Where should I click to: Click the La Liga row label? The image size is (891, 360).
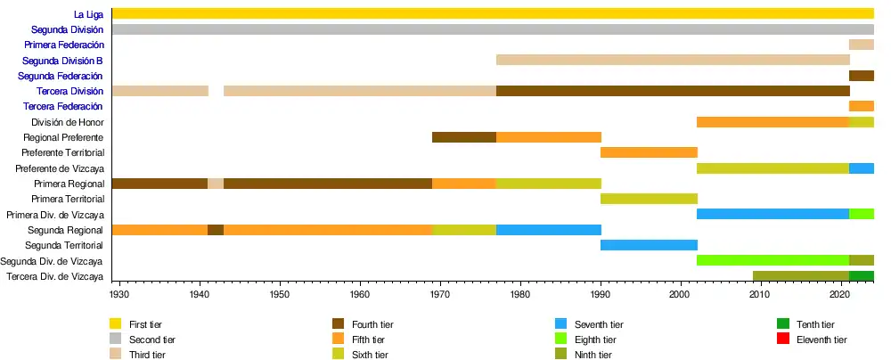point(88,14)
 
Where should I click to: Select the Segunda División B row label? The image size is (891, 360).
point(63,61)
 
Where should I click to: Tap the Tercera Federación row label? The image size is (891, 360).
point(70,107)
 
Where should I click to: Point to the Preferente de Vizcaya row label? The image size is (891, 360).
point(61,168)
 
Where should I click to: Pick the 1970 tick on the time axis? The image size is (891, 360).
point(440,293)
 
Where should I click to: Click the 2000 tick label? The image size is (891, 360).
point(681,293)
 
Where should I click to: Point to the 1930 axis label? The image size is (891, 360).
point(119,293)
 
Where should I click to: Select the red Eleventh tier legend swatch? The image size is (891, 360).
point(783,340)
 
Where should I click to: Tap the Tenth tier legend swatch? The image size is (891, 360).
point(783,324)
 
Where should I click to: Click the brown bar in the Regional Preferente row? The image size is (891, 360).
point(463,137)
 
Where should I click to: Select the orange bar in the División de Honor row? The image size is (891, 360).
point(772,122)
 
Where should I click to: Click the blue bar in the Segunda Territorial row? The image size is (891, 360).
point(649,245)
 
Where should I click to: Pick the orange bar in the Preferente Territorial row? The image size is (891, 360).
point(649,152)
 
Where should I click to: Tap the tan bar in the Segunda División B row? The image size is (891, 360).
point(673,60)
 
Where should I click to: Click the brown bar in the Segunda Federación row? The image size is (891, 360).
point(862,76)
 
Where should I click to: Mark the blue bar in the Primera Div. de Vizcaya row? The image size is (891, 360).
point(772,214)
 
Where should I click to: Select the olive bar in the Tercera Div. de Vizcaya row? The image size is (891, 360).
point(801,276)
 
